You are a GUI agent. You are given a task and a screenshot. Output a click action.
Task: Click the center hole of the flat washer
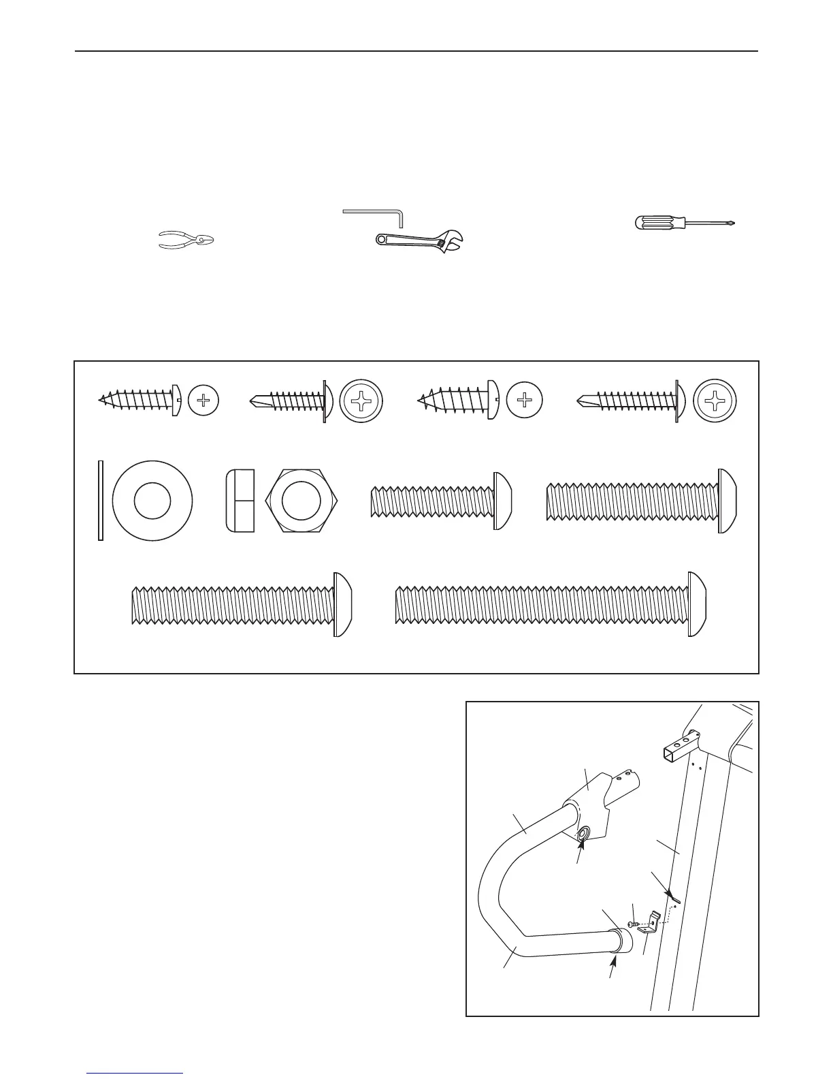tap(152, 501)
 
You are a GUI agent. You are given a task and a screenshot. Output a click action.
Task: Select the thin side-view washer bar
tap(101, 501)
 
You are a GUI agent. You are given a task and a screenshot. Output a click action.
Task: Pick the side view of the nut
tap(240, 501)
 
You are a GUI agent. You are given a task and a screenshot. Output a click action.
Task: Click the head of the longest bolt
tap(697, 604)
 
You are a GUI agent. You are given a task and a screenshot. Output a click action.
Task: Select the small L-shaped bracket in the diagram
tap(652, 922)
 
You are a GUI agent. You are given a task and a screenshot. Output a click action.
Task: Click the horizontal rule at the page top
tap(416, 51)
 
